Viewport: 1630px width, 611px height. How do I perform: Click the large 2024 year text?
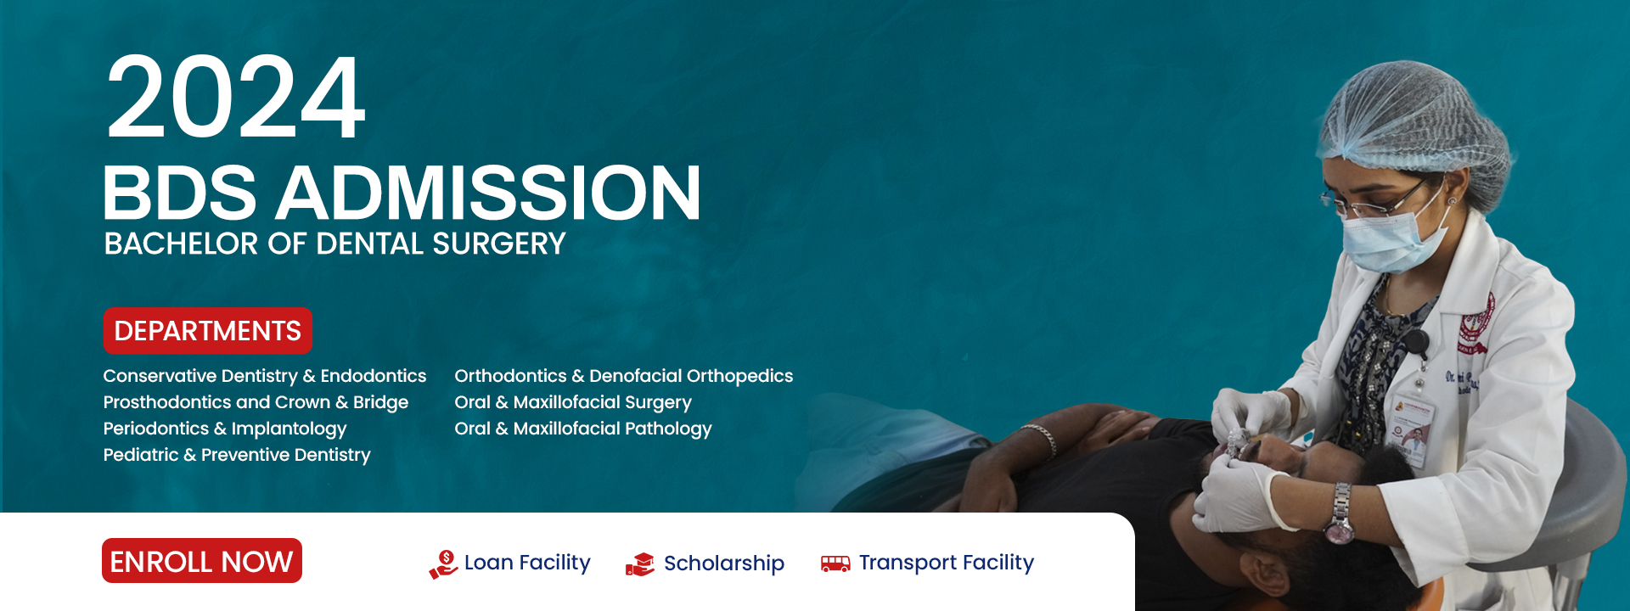point(236,97)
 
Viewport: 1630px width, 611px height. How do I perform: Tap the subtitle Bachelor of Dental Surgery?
point(334,244)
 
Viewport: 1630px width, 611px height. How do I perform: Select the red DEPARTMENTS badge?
point(207,331)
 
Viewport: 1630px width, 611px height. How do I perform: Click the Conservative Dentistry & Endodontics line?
point(265,376)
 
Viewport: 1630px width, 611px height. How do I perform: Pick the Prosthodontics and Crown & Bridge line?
point(256,402)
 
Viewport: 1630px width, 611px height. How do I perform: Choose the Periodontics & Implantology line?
point(225,429)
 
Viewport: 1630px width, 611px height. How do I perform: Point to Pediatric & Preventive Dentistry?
point(237,455)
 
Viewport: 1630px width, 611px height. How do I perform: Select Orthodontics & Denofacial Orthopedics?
point(623,376)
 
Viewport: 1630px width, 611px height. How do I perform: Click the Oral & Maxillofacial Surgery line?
point(573,402)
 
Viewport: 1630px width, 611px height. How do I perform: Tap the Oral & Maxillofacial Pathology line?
point(583,429)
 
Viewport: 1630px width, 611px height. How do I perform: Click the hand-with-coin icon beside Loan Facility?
point(443,564)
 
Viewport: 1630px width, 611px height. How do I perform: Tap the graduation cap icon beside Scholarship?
point(640,564)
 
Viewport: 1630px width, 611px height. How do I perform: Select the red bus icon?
point(835,563)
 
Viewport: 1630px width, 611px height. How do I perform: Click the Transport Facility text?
point(947,563)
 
